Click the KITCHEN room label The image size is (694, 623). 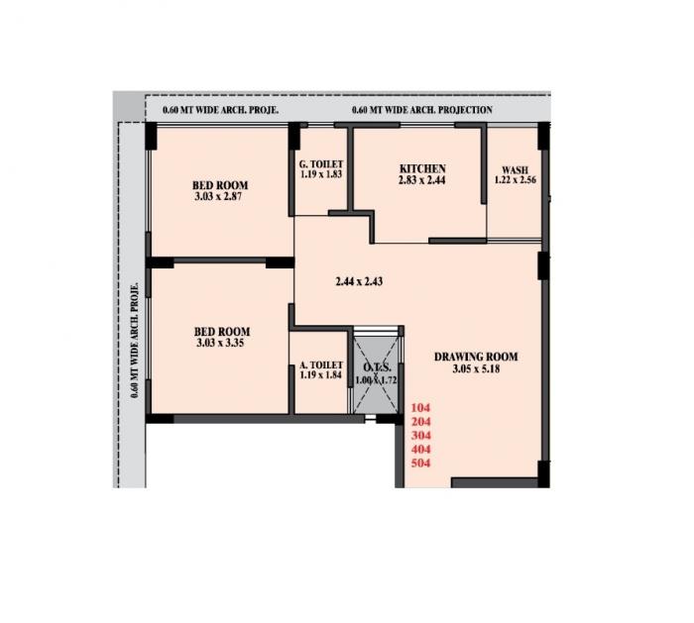422,168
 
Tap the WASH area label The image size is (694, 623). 514,169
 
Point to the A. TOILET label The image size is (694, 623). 319,364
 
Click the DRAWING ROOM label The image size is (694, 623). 476,357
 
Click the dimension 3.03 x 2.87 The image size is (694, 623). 220,197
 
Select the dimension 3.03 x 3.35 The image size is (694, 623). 220,344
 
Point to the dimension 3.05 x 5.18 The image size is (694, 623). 476,369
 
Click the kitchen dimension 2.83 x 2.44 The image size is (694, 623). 422,180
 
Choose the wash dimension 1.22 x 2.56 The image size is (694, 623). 514,180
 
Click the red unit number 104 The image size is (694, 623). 420,407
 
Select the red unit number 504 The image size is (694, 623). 420,462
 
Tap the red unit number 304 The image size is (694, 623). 420,434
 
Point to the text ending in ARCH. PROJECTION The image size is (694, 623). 421,109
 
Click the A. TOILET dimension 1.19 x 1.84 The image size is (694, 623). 319,376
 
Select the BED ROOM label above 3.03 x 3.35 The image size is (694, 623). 220,332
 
